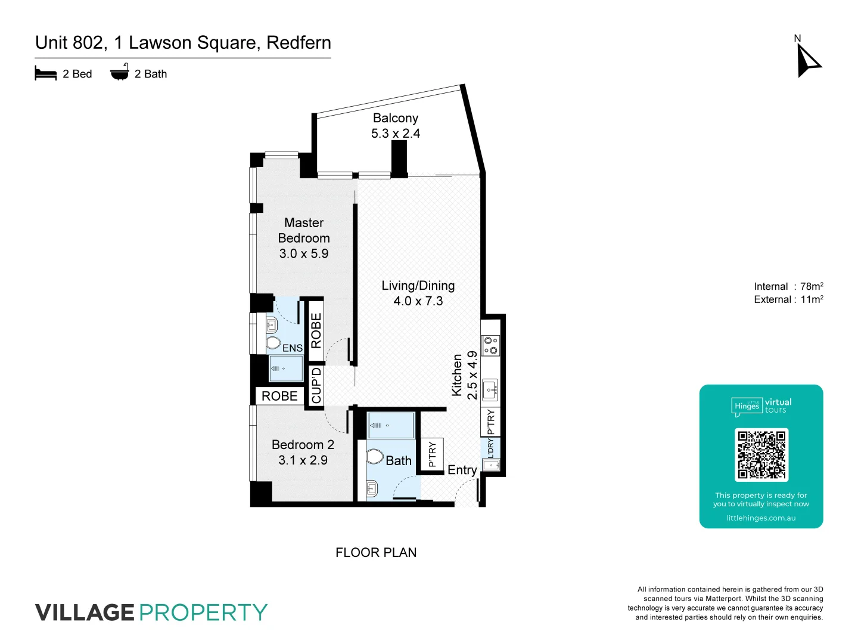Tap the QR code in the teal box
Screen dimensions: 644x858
(x=761, y=455)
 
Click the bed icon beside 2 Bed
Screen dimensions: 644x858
(x=46, y=74)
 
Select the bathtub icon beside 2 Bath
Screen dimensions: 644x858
(x=119, y=72)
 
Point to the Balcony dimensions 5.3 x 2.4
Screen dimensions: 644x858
(x=395, y=134)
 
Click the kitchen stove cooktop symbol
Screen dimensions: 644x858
(x=490, y=345)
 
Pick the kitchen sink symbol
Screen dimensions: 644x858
(x=490, y=390)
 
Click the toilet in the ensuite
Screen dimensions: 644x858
(x=273, y=343)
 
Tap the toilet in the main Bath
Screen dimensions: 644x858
(x=375, y=457)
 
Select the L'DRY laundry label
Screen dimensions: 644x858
(x=490, y=448)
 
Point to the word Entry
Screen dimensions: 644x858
(x=462, y=470)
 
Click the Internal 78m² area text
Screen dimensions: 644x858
(x=788, y=287)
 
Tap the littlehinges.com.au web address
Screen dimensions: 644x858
(x=761, y=518)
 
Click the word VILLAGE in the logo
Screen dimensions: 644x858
(x=85, y=613)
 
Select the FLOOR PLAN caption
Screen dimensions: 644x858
(x=376, y=553)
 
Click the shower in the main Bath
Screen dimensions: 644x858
(x=390, y=426)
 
